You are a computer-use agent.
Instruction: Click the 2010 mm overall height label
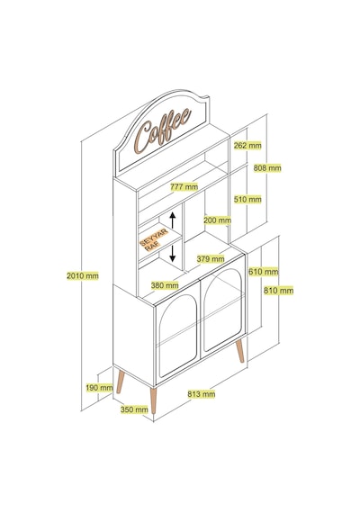[x=83, y=275]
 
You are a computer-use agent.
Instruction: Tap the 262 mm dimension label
[x=247, y=145]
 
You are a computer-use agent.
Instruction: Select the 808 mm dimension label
[x=267, y=168]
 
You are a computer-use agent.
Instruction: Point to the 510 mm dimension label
[x=247, y=199]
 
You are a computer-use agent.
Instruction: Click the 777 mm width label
[x=184, y=187]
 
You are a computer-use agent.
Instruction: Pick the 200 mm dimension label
[x=217, y=220]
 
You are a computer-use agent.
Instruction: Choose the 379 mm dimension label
[x=211, y=259]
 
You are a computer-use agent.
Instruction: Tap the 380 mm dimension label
[x=165, y=285]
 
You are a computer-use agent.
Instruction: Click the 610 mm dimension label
[x=263, y=272]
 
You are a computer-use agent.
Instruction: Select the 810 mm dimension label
[x=278, y=291]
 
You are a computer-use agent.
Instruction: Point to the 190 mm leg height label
[x=99, y=388]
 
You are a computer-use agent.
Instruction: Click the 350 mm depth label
[x=134, y=409]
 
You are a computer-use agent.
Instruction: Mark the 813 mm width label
[x=202, y=394]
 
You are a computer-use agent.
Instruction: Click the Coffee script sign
[x=163, y=130]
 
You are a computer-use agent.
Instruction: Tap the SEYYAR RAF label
[x=154, y=240]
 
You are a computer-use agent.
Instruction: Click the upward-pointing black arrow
[x=173, y=220]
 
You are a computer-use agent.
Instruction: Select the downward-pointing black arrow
[x=173, y=254]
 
